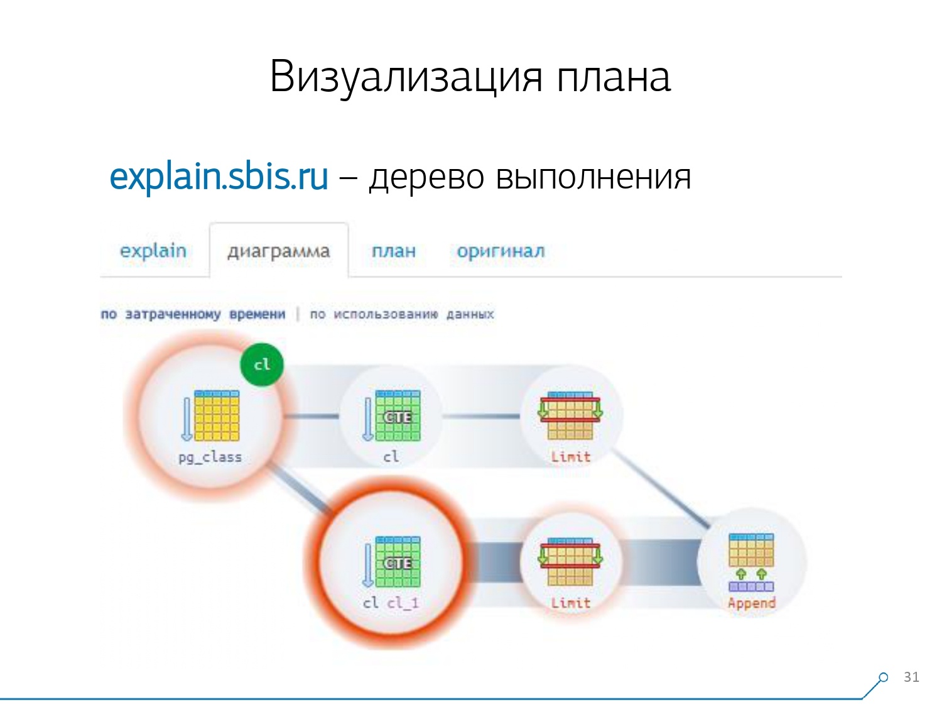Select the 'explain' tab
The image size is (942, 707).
point(153,251)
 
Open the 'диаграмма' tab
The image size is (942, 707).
point(278,251)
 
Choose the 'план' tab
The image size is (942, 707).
point(393,251)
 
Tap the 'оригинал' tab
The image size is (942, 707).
point(501,251)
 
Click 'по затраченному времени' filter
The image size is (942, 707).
point(193,314)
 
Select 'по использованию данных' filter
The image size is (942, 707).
point(402,314)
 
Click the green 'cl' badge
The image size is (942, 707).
point(261,364)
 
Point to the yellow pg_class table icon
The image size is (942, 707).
point(217,415)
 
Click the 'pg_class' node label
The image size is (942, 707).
point(210,457)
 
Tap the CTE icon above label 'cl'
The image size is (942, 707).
point(397,415)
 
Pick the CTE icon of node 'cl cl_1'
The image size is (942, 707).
point(397,562)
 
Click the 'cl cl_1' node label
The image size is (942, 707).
point(391,603)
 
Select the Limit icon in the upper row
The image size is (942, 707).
point(570,415)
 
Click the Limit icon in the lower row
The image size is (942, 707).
point(570,561)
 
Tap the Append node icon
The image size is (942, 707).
point(751,561)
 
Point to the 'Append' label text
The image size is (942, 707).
point(751,603)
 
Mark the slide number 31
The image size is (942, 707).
point(911,677)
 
